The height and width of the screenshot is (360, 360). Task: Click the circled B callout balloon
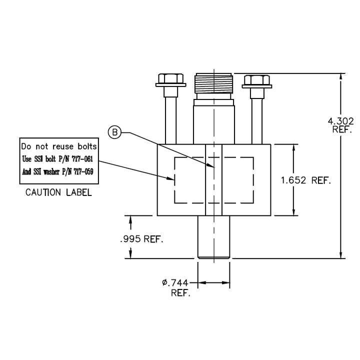point(115,132)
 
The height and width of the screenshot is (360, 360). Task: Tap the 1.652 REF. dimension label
point(306,180)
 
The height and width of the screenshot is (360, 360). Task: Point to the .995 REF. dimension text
point(142,239)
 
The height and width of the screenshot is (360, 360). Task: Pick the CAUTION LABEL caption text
point(58,192)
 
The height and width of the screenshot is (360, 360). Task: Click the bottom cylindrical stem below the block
point(213,237)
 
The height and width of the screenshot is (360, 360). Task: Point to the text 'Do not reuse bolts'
point(58,147)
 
